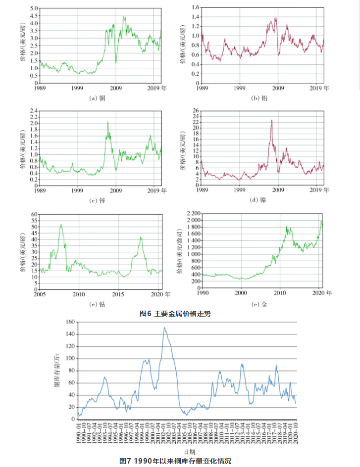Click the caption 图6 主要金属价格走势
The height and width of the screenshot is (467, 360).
tap(176, 314)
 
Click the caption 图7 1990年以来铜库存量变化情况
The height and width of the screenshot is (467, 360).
tap(176, 461)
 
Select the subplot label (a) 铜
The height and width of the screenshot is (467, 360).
tap(97, 98)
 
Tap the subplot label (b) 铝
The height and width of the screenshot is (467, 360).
tap(260, 98)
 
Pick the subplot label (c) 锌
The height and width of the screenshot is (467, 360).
tap(97, 200)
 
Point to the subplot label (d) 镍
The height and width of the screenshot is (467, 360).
tap(260, 200)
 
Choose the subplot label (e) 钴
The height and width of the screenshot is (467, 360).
tap(98, 305)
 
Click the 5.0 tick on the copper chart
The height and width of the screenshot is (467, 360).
tap(33, 9)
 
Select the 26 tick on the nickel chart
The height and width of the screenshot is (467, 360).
tap(196, 110)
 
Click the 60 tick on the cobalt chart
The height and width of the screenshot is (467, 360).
tap(34, 215)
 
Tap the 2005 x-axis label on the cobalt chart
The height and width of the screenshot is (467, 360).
tap(40, 294)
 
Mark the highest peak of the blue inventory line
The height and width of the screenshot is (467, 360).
tap(165, 327)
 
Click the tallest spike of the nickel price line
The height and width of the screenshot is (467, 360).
tap(271, 120)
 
